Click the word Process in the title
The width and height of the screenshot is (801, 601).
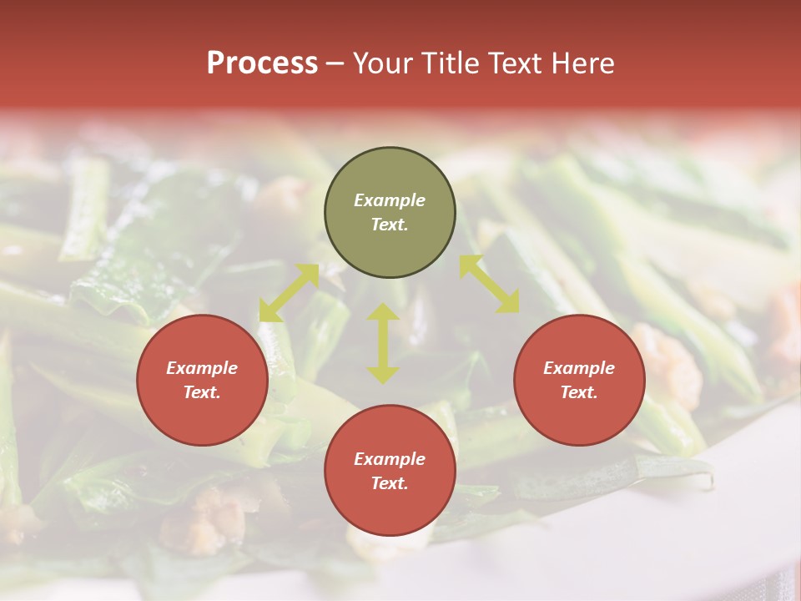(262, 63)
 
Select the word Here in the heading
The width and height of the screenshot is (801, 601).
(582, 63)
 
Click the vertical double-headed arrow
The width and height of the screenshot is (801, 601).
(383, 343)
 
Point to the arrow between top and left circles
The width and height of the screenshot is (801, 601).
(289, 293)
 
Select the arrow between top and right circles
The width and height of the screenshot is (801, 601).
(490, 284)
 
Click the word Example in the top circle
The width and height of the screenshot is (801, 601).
(390, 200)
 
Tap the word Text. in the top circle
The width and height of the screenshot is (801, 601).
(390, 225)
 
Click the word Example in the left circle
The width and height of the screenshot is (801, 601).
(202, 368)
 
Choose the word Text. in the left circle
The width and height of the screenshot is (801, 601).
(202, 392)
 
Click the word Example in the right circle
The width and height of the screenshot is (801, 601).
(579, 368)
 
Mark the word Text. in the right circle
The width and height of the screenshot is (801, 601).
(579, 392)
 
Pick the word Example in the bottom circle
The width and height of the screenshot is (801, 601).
(390, 459)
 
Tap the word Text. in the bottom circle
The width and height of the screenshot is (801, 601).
(390, 483)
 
